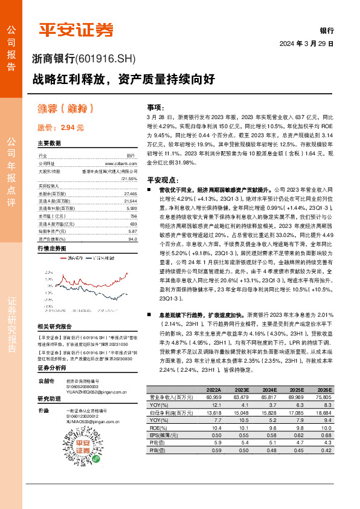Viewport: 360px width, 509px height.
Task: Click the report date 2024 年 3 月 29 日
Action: pos(306,44)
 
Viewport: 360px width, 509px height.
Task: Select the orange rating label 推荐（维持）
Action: pos(65,109)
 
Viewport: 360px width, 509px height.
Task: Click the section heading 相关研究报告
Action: pos(55,326)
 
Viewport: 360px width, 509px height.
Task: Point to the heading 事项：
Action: pos(155,105)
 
